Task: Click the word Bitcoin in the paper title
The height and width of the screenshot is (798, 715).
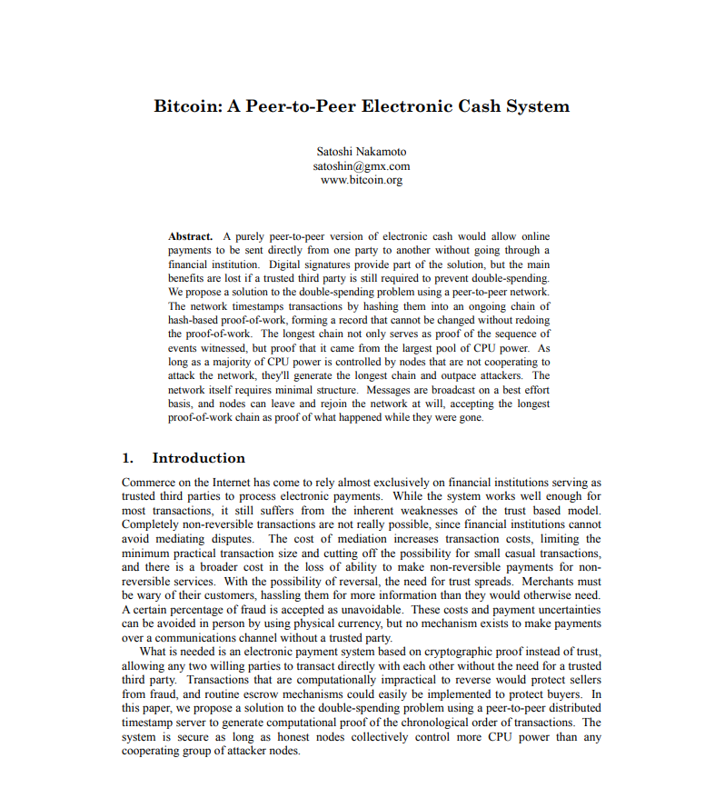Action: pyautogui.click(x=185, y=106)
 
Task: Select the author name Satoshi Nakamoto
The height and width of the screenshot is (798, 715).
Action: pyautogui.click(x=362, y=152)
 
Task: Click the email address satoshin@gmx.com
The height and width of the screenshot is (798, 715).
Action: pyautogui.click(x=362, y=166)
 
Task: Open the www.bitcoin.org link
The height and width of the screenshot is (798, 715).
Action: pyautogui.click(x=362, y=180)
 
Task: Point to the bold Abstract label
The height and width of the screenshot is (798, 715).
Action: pyautogui.click(x=191, y=236)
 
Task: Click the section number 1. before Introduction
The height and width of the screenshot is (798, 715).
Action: pyautogui.click(x=128, y=458)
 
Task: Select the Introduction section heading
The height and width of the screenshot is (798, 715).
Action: pyautogui.click(x=198, y=458)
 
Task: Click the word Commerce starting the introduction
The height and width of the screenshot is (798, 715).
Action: pyautogui.click(x=148, y=484)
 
